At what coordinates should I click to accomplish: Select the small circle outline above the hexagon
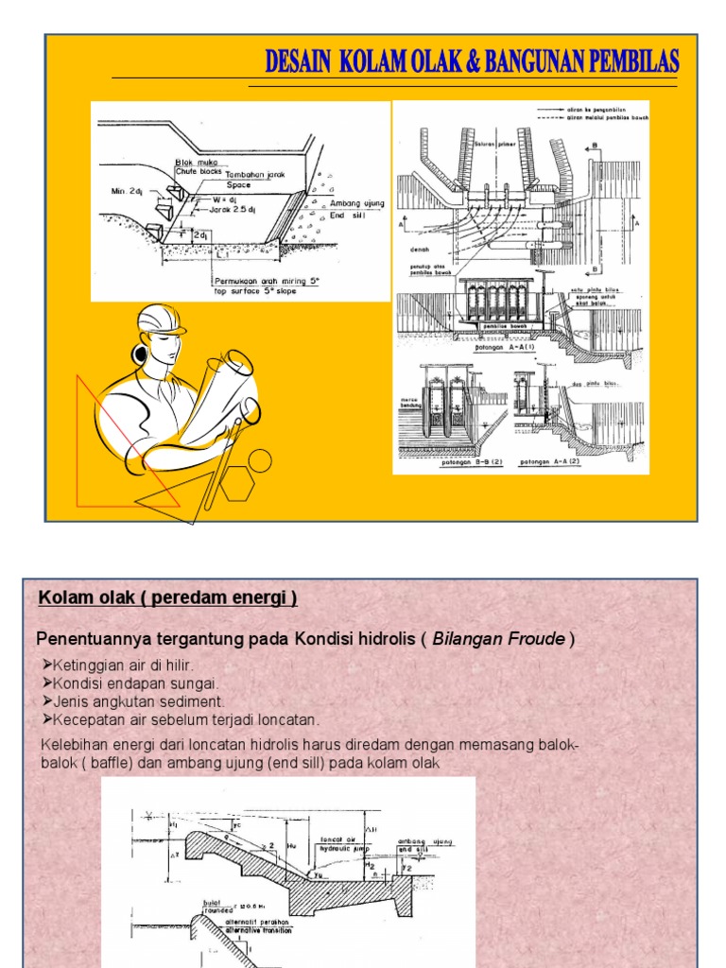259,461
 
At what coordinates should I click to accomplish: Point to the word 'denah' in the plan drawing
421,250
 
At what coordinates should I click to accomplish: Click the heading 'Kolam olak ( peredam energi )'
167,597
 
